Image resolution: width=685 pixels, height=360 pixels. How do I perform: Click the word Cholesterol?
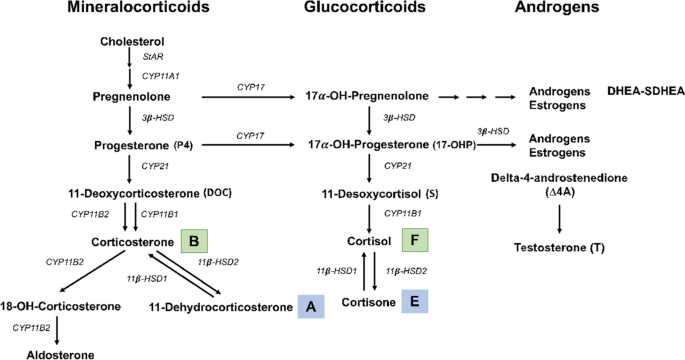click(x=132, y=42)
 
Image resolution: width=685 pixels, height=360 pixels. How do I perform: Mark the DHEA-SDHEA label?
click(x=637, y=92)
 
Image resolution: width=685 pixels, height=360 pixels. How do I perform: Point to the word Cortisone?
click(x=367, y=301)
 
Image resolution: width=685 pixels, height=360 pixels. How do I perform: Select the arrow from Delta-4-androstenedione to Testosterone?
click(x=558, y=218)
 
